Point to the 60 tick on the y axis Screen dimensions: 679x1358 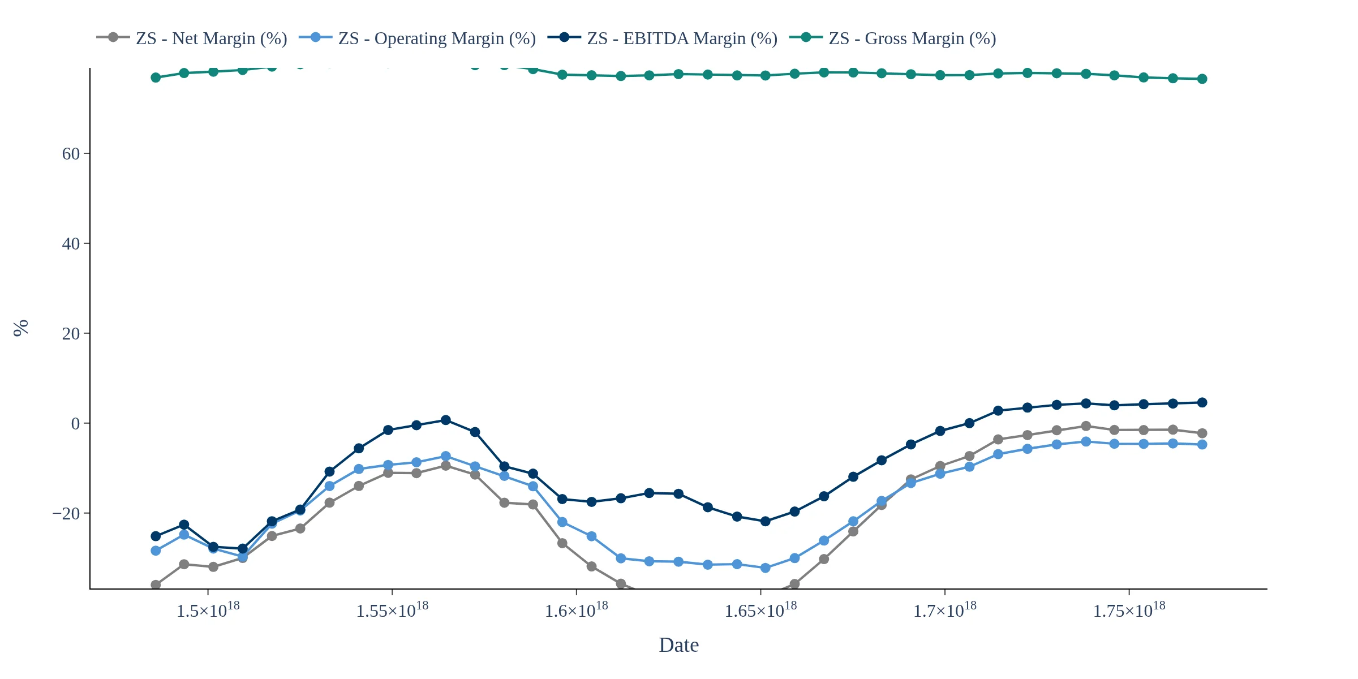(71, 154)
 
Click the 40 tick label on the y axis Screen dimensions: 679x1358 (71, 244)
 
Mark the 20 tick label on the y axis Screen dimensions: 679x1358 (71, 334)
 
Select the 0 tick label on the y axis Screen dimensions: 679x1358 (76, 424)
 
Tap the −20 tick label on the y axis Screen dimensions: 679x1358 (66, 514)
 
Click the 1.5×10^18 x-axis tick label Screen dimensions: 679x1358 (208, 611)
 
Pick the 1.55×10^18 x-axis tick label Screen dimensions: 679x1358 (392, 611)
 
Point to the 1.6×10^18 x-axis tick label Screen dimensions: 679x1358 (577, 611)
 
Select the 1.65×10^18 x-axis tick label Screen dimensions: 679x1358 (760, 611)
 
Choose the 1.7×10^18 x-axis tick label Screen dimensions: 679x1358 (945, 611)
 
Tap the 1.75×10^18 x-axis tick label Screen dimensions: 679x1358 (1129, 611)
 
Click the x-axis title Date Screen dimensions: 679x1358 (678, 645)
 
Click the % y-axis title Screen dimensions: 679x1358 (21, 328)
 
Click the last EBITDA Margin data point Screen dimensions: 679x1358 (1202, 403)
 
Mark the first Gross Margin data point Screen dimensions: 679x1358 (156, 78)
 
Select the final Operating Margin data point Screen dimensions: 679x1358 (1202, 445)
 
